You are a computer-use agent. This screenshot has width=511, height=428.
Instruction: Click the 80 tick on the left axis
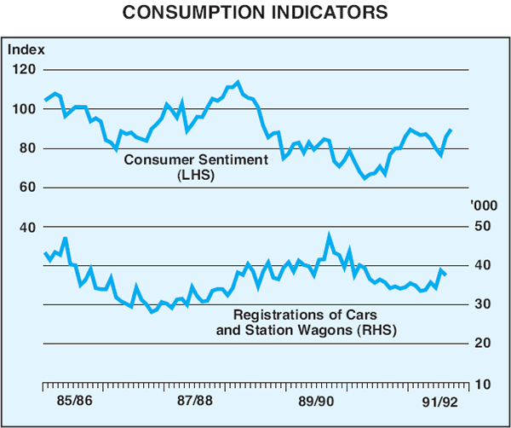click(x=25, y=147)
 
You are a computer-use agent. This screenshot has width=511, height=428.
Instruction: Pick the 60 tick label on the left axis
click(x=25, y=187)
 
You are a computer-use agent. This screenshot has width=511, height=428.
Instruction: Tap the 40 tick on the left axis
click(x=25, y=227)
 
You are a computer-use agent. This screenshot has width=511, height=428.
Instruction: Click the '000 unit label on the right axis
click(x=482, y=206)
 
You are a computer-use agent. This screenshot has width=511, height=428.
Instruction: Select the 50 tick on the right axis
click(x=483, y=227)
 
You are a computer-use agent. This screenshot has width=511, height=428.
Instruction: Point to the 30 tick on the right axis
click(x=483, y=304)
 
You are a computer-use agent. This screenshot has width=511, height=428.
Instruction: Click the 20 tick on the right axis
click(x=483, y=344)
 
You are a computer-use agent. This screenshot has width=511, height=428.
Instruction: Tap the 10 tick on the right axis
click(x=483, y=385)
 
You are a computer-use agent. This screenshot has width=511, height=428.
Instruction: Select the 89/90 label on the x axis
click(x=315, y=400)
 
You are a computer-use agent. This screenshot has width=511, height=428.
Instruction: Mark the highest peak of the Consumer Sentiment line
click(x=238, y=82)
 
